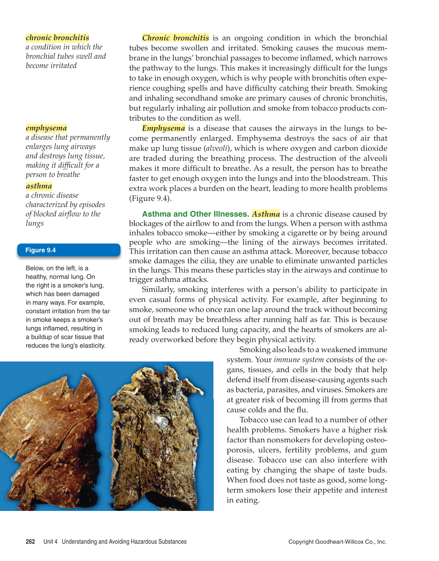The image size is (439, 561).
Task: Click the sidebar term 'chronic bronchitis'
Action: click(x=57, y=38)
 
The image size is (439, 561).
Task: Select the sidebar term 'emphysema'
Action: click(x=46, y=128)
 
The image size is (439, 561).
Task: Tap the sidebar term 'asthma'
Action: click(x=39, y=186)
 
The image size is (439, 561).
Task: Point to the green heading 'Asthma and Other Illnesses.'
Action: click(x=195, y=214)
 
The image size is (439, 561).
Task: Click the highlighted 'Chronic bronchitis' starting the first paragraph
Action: click(x=175, y=38)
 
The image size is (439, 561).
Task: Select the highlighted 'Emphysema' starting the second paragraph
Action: click(x=163, y=128)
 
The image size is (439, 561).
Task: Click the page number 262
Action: click(x=30, y=542)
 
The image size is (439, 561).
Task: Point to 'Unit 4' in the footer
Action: click(x=50, y=542)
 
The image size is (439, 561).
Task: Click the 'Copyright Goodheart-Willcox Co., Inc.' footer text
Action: click(x=337, y=542)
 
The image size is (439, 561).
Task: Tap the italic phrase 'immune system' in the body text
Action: click(x=298, y=360)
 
